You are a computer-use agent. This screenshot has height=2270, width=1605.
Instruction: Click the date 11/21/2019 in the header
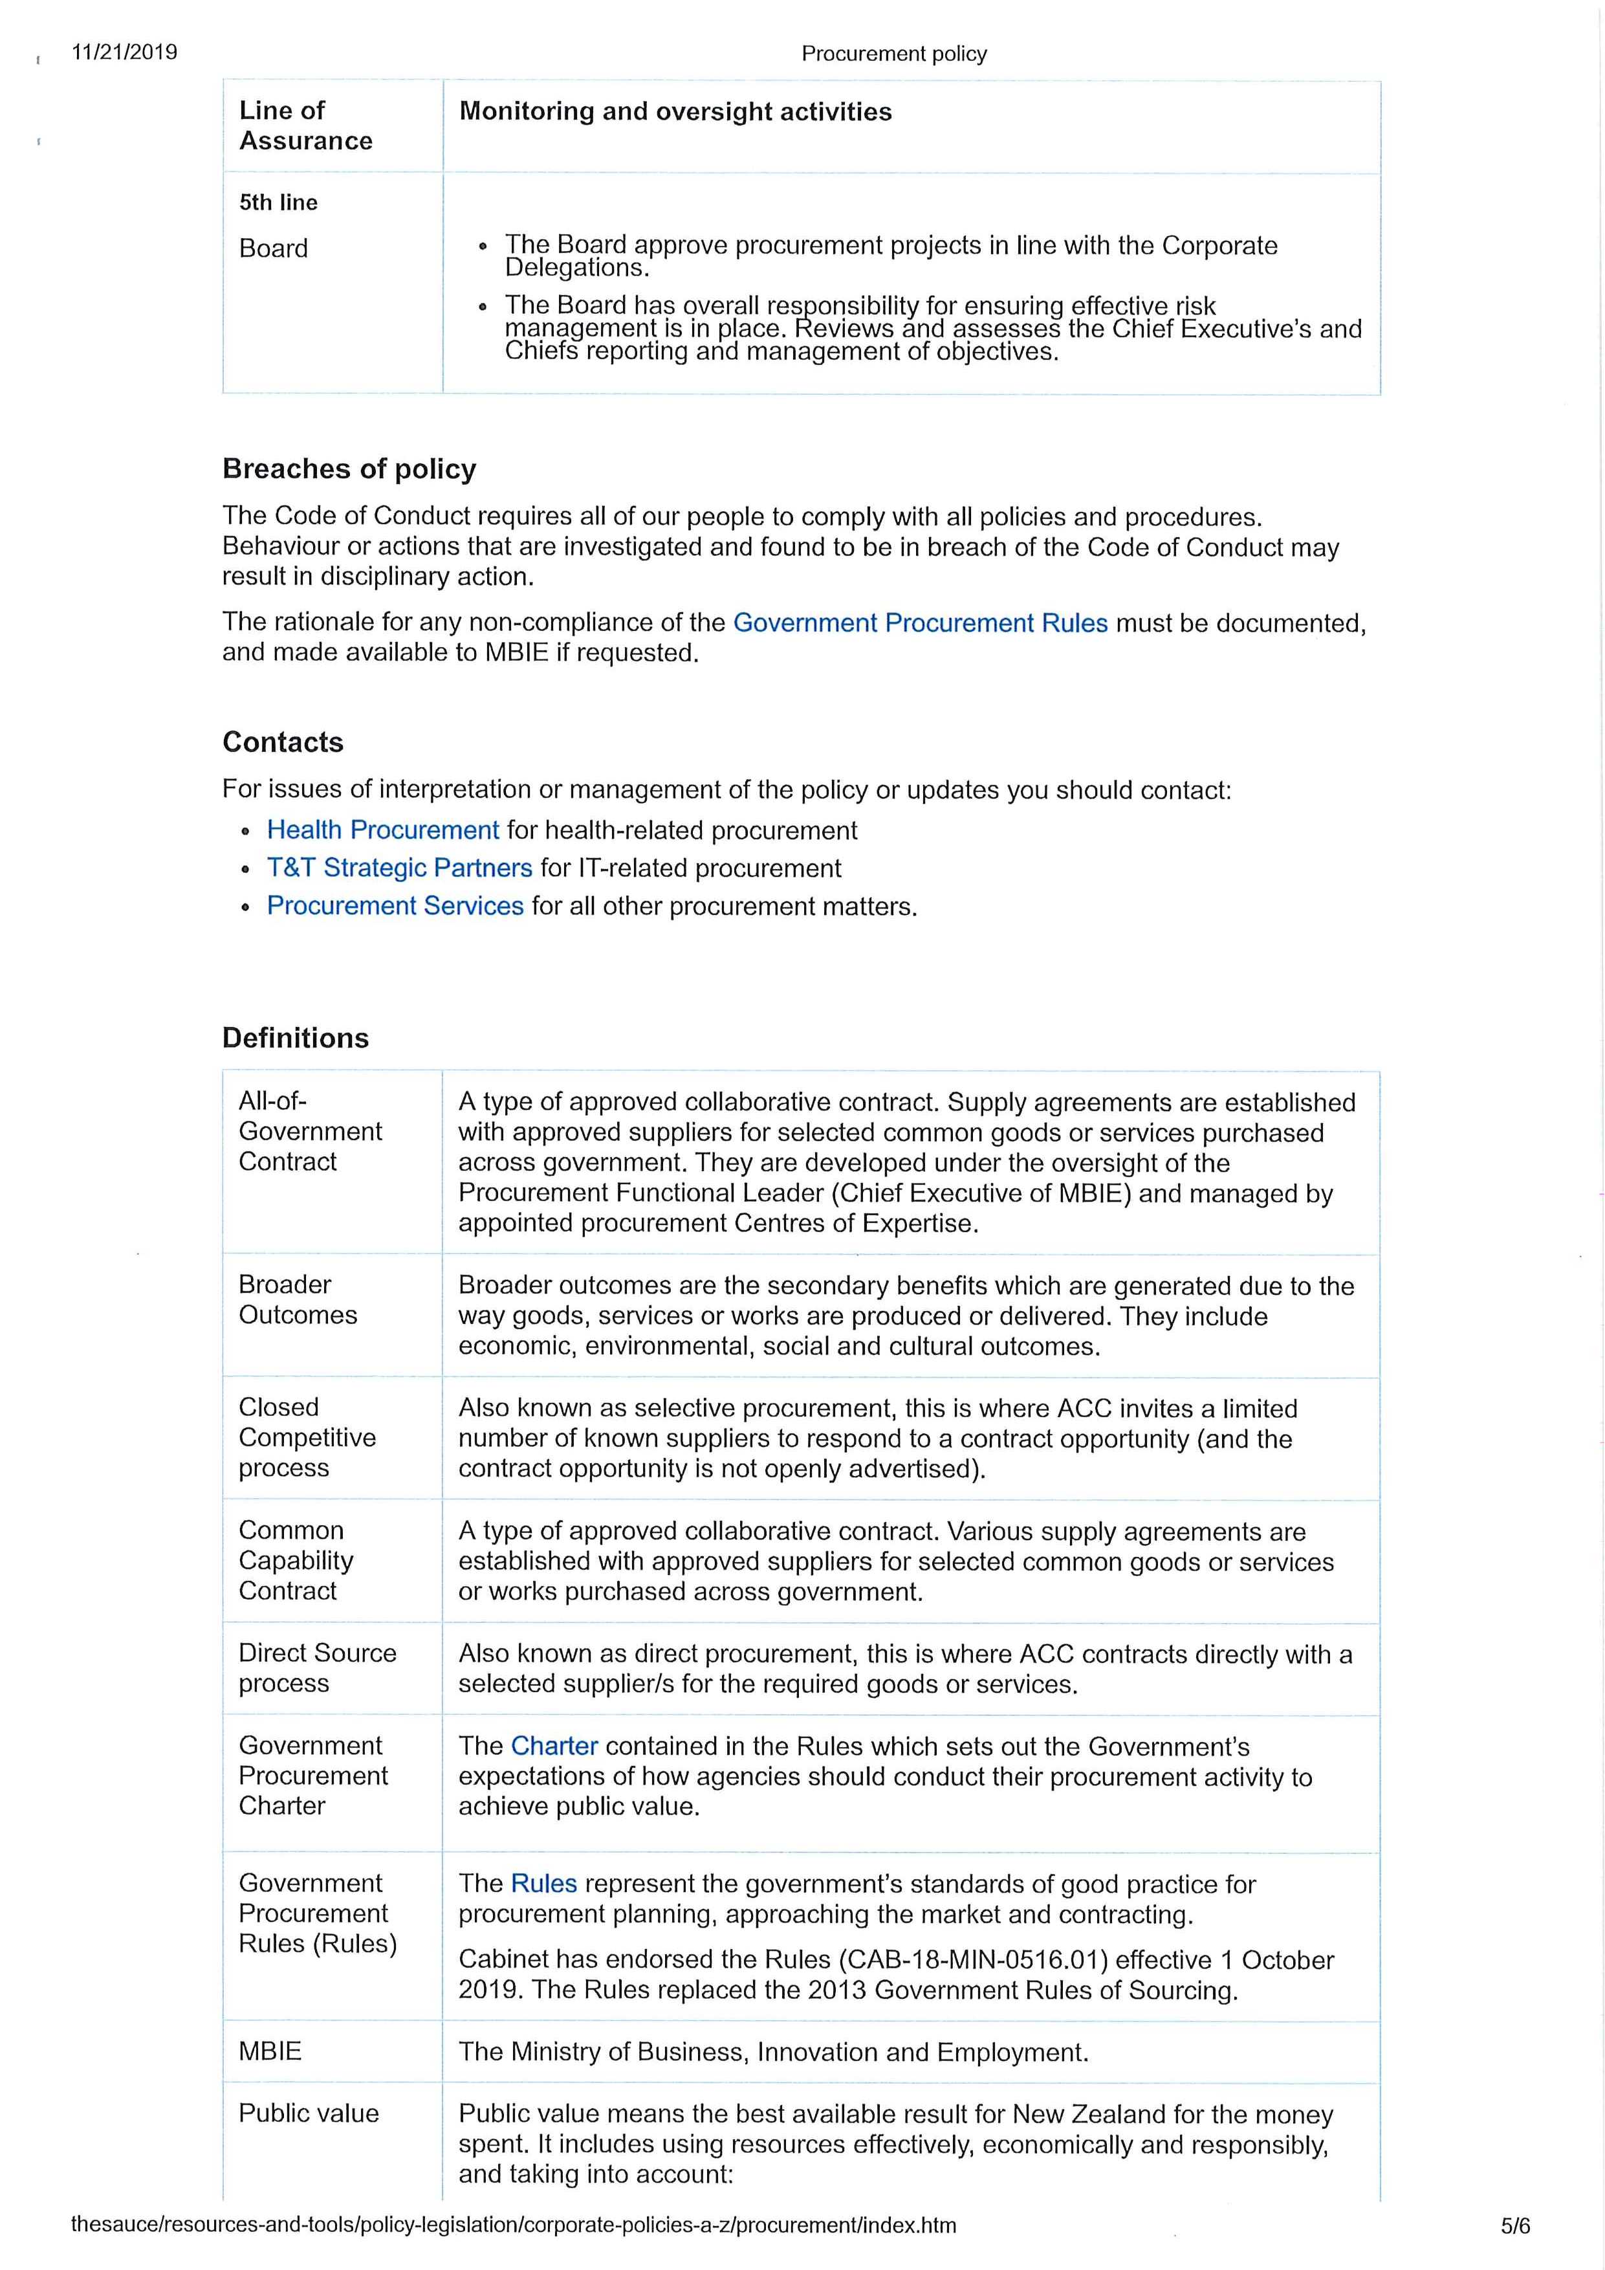pos(124,52)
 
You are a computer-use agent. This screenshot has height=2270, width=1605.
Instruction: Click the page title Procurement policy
pos(893,54)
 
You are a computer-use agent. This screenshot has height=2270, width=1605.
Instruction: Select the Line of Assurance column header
pos(305,126)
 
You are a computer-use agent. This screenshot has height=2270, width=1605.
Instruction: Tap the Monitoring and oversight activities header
pos(675,112)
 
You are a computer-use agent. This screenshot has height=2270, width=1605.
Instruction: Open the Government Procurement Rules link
pos(919,623)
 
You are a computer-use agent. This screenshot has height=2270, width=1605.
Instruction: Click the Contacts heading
pos(283,742)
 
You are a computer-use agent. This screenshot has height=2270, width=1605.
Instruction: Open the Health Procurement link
pos(382,830)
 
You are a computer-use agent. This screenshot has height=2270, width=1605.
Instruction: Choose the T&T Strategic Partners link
pos(399,868)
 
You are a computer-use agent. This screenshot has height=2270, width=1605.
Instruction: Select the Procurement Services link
pos(395,906)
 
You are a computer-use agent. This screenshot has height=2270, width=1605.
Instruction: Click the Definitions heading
pos(296,1038)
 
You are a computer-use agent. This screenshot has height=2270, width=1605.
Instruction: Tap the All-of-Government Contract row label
pos(309,1131)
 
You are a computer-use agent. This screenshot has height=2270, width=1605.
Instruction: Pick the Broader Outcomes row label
pos(298,1299)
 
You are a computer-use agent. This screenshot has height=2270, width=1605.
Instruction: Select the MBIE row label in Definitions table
pos(270,2051)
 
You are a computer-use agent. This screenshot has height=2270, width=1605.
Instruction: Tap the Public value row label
pos(309,2114)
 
